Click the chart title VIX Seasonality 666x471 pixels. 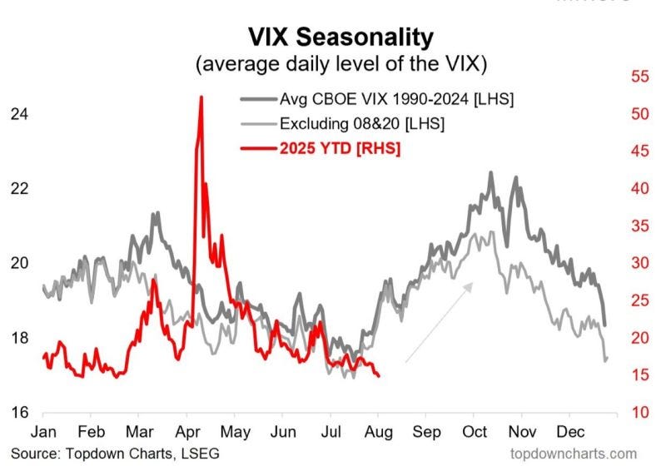point(340,37)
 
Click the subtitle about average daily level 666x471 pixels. point(341,64)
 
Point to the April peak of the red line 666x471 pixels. point(201,97)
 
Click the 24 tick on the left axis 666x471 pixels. point(19,114)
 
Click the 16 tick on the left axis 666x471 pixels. point(19,412)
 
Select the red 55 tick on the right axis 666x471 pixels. point(640,77)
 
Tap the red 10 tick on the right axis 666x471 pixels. point(640,412)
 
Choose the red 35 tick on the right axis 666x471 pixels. point(640,226)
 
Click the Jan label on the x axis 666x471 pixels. point(43,432)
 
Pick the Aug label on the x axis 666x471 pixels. point(379,432)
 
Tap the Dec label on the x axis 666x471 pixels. point(570,432)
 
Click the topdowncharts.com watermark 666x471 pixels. point(574,454)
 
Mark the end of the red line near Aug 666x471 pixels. point(379,376)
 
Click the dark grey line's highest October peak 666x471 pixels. point(490,173)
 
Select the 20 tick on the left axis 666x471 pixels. point(19,263)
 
